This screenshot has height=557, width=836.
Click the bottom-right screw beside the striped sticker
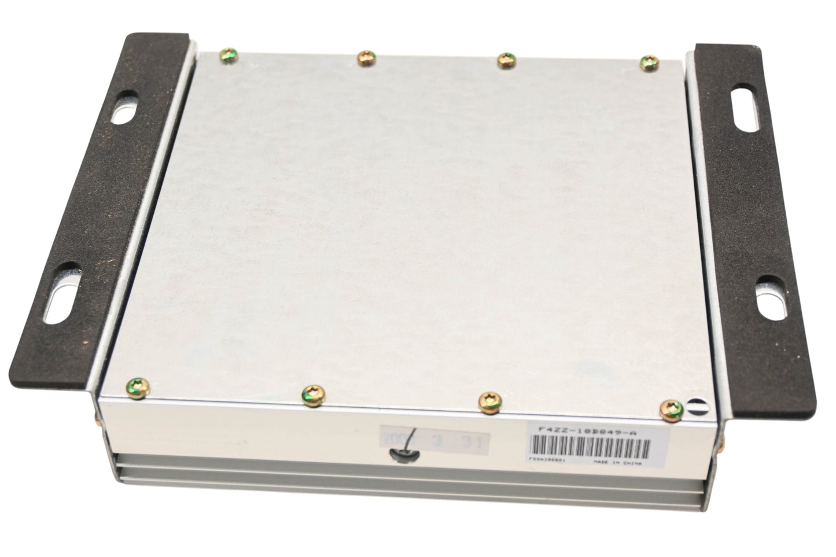point(671,408)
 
